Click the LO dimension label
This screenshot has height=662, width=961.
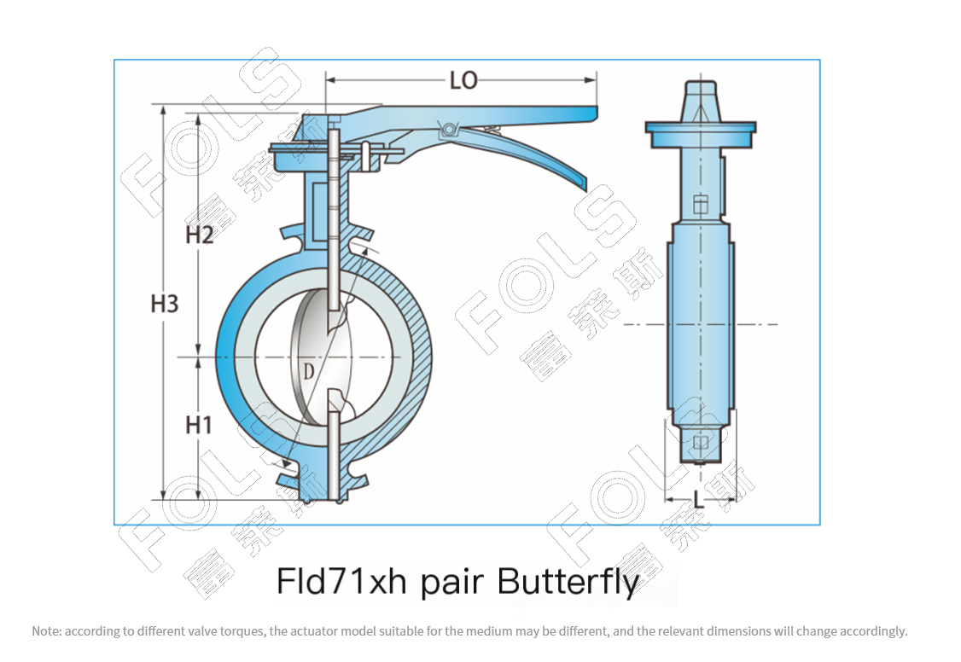point(463,80)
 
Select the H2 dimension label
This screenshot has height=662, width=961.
point(199,235)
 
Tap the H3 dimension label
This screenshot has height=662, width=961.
point(164,304)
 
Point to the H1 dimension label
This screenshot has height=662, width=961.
point(199,425)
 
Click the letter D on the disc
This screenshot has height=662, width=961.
point(308,372)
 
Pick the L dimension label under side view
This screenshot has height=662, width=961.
point(699,500)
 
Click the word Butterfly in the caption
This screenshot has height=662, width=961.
point(568,582)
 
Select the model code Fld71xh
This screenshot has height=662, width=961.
point(342,581)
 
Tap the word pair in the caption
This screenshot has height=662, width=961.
point(451,583)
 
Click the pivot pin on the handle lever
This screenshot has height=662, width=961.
point(449,129)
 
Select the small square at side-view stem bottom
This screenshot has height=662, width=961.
point(701,443)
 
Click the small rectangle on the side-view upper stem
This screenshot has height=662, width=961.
point(701,204)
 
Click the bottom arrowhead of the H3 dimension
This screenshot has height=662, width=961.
point(163,495)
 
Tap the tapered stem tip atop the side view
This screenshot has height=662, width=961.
point(701,101)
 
